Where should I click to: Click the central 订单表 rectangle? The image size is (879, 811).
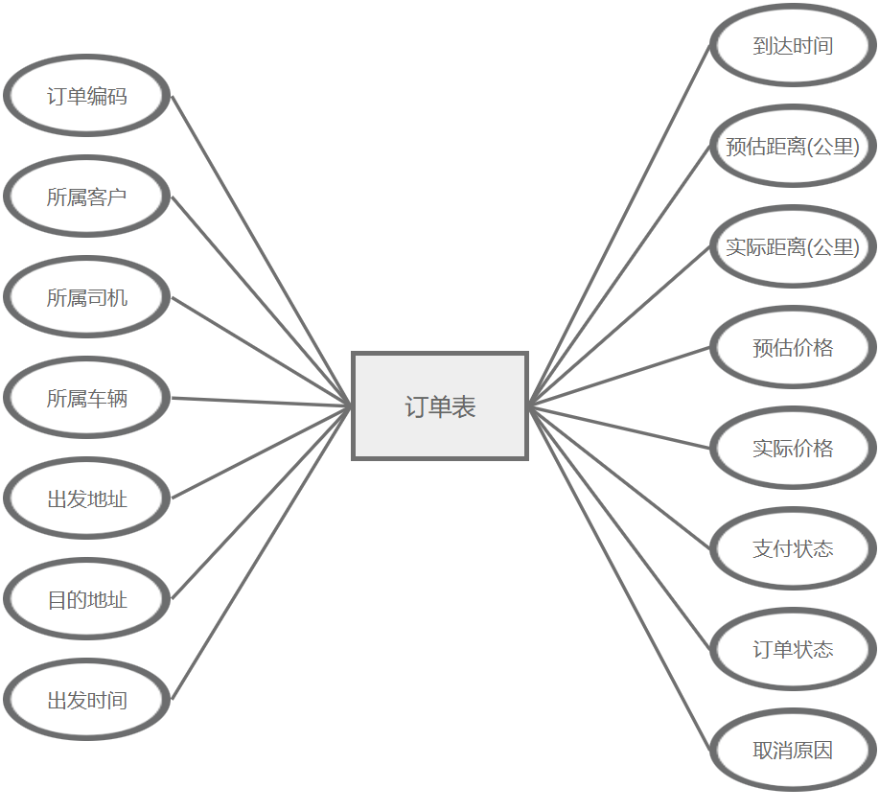point(440,406)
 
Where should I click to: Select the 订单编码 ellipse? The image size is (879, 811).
point(87,96)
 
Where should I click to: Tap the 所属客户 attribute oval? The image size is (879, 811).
point(87,197)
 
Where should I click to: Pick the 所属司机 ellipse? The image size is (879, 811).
point(87,297)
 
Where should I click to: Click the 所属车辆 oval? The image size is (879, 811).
point(87,398)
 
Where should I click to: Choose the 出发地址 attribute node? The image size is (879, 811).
point(87,498)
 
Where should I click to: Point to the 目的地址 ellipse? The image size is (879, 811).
point(87,599)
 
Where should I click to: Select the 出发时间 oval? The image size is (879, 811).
point(87,700)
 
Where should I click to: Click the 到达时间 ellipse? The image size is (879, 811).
point(793,45)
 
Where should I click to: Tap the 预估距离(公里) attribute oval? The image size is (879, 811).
point(793,146)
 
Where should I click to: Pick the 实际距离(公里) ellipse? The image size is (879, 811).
point(793,246)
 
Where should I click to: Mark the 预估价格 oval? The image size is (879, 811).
point(793,347)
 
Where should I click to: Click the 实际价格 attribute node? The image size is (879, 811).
point(793,448)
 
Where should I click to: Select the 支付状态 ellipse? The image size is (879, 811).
point(793,548)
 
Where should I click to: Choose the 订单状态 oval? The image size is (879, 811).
point(793,649)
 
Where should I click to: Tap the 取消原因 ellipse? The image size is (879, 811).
point(793,750)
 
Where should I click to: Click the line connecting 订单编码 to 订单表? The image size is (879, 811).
point(262,251)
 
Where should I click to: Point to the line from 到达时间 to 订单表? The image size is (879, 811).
point(619,225)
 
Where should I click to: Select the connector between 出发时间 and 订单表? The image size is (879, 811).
point(262,553)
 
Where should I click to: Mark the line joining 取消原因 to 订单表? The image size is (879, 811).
point(619,578)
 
